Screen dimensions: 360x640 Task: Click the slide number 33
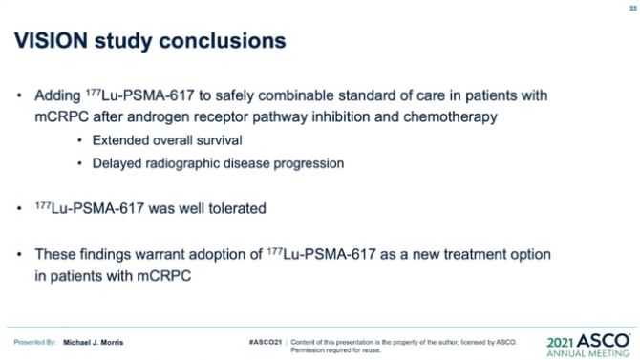(x=631, y=8)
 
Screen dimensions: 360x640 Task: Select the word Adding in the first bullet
(x=58, y=96)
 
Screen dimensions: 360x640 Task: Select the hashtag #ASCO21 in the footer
(x=265, y=341)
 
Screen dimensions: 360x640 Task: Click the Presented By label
(x=35, y=342)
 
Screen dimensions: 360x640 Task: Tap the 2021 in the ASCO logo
(x=563, y=340)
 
